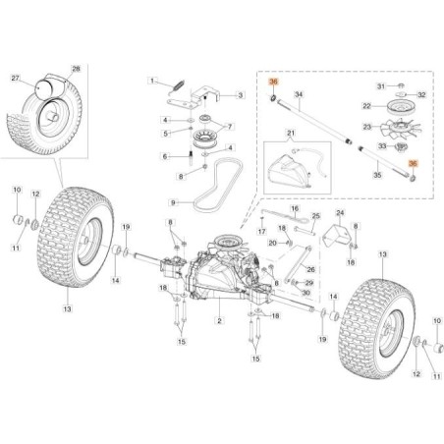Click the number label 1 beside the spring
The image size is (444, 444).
(152, 81)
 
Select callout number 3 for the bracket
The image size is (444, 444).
(241, 95)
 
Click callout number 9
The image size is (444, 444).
(173, 202)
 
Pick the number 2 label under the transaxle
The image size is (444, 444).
(219, 320)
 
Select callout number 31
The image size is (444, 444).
(381, 86)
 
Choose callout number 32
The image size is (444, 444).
(422, 95)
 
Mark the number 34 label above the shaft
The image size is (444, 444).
(299, 94)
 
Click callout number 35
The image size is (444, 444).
(377, 175)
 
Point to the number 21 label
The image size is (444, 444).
(291, 133)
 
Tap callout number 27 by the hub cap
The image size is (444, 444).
(16, 78)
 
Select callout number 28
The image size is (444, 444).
(76, 69)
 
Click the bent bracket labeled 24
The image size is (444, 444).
(338, 235)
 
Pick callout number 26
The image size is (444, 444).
(310, 269)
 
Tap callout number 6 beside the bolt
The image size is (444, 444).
(165, 156)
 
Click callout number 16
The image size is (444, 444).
(295, 208)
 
